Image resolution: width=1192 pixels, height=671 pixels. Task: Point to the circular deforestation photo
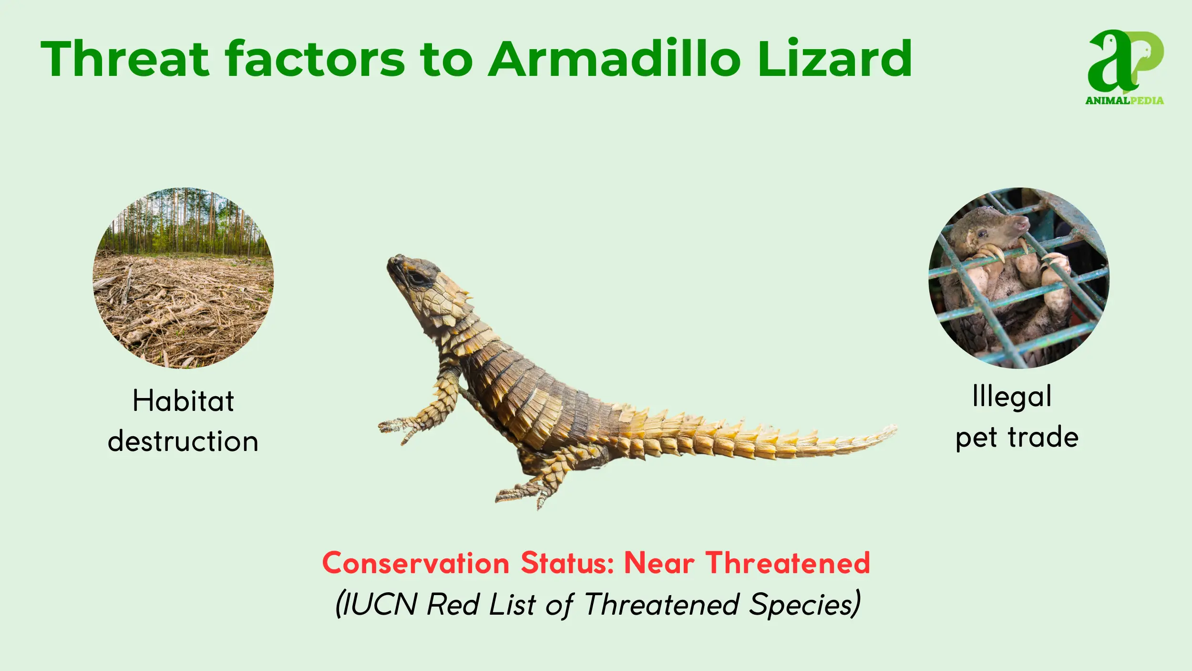tap(183, 278)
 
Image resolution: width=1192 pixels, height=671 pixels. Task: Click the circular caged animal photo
tap(1019, 278)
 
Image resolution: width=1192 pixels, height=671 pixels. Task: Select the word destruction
tap(183, 440)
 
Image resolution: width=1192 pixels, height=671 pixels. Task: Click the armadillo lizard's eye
tap(418, 278)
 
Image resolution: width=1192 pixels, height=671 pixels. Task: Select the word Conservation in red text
tap(416, 563)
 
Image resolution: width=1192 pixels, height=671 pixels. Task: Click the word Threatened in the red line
tap(788, 563)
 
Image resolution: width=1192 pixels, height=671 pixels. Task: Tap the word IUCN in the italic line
tap(380, 605)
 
